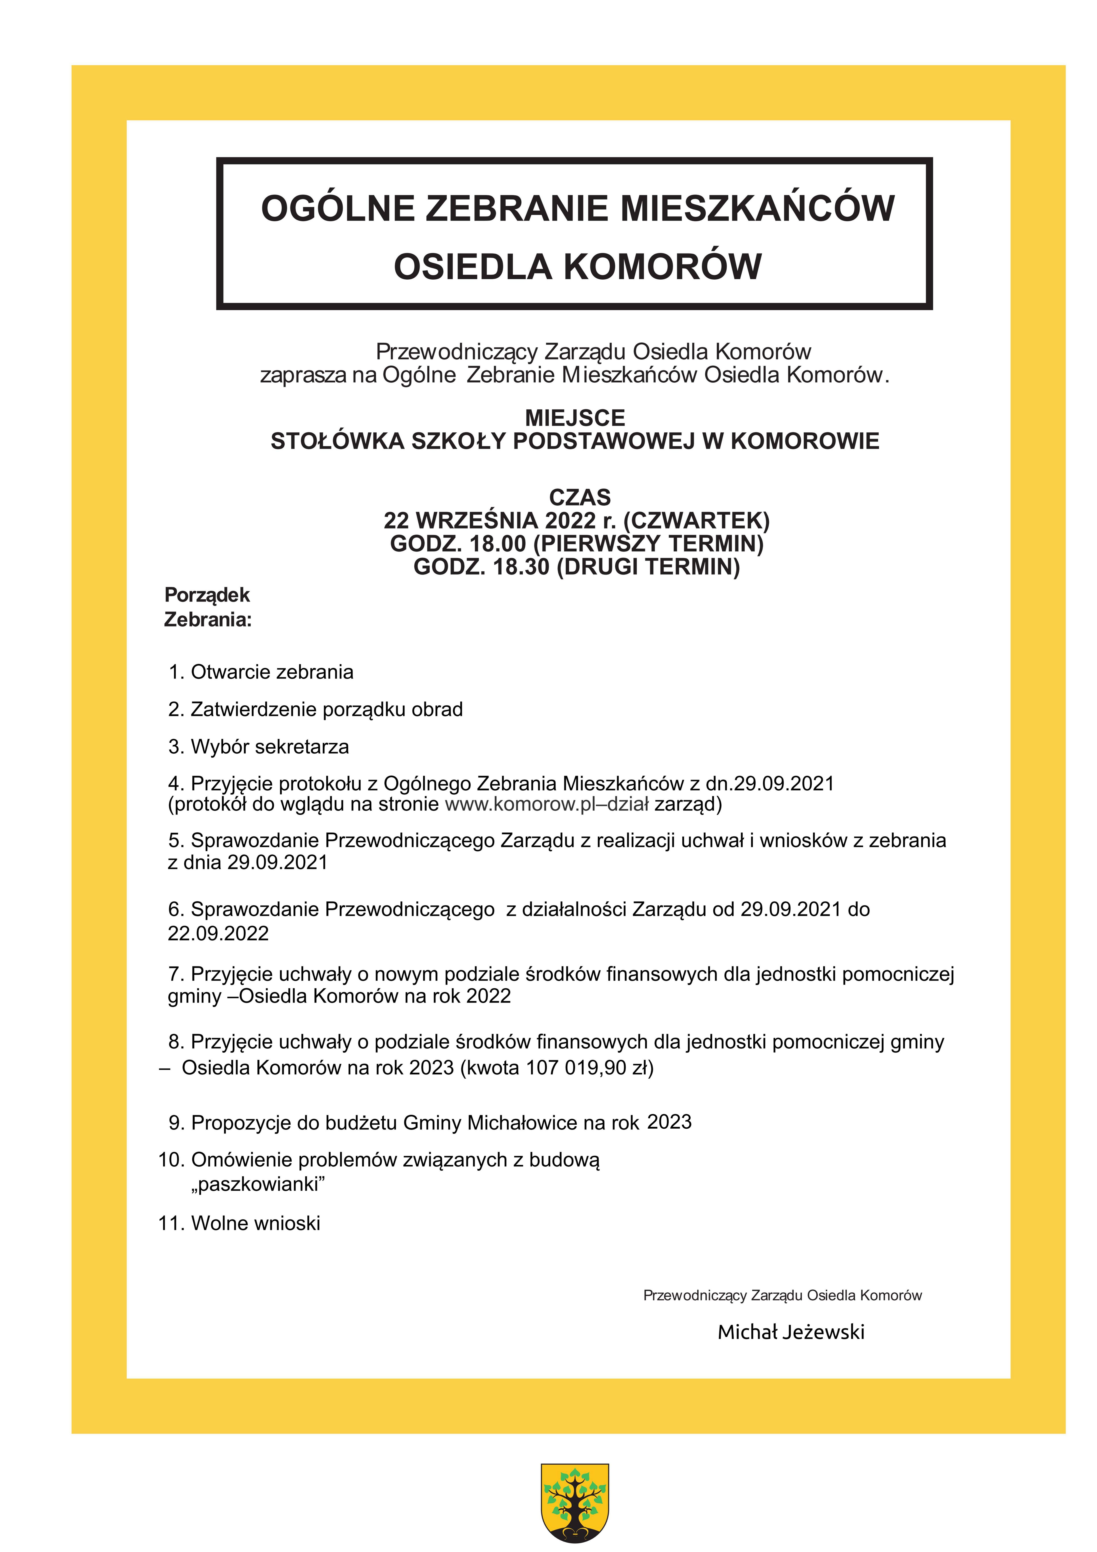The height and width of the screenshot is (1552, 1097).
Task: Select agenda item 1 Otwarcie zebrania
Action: click(261, 672)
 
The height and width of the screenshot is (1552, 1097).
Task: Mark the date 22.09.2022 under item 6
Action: click(218, 934)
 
